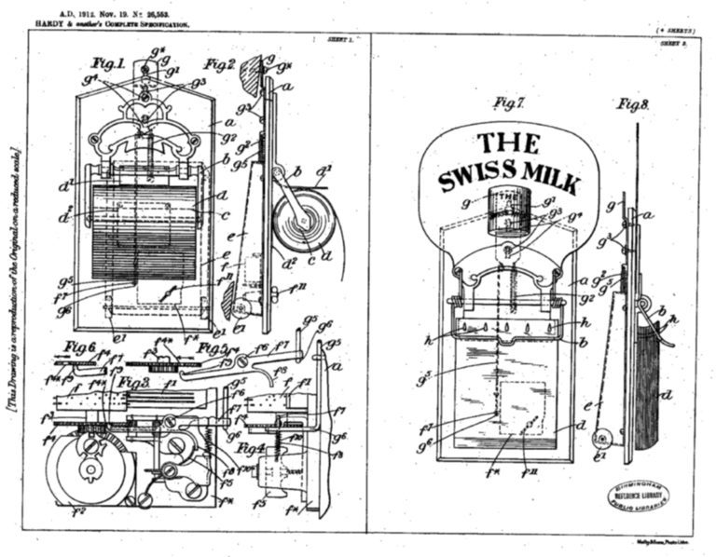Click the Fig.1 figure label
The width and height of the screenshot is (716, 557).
[x=108, y=64]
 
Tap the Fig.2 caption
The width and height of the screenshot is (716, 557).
[x=218, y=64]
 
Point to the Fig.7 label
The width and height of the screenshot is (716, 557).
[x=507, y=102]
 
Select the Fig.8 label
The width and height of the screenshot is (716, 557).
[x=631, y=102]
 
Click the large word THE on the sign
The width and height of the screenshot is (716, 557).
[x=507, y=143]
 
